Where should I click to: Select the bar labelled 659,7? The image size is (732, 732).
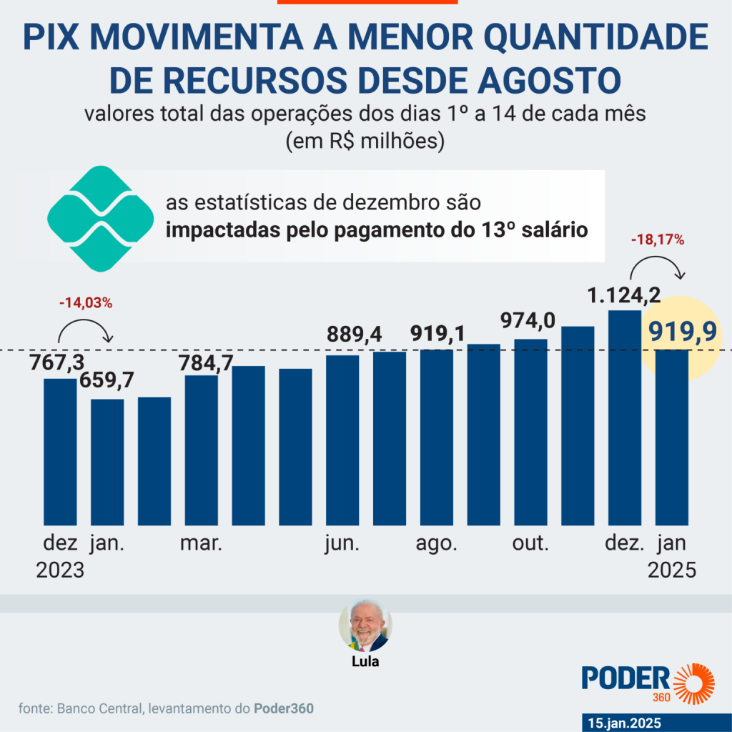pyautogui.click(x=107, y=462)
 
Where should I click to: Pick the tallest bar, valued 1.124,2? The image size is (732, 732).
pyautogui.click(x=625, y=417)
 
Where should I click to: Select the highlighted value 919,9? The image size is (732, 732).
pyautogui.click(x=683, y=332)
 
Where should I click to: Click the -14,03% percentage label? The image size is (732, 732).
pyautogui.click(x=86, y=302)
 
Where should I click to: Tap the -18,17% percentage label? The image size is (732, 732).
pyautogui.click(x=658, y=240)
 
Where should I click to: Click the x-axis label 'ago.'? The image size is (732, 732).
pyautogui.click(x=436, y=543)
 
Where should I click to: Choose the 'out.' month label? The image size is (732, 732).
pyautogui.click(x=530, y=543)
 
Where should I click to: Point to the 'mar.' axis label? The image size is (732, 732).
pyautogui.click(x=202, y=543)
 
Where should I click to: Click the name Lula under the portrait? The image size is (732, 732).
pyautogui.click(x=365, y=662)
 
